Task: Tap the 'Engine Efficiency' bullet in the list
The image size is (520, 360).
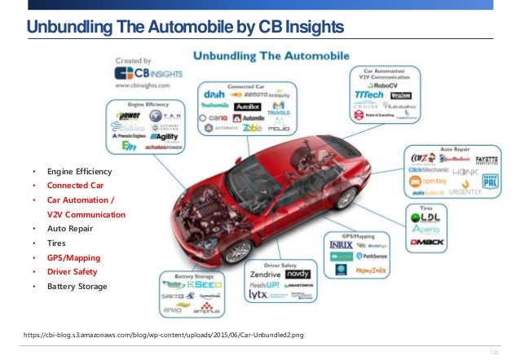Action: coord(79,173)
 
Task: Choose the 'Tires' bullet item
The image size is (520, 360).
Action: coord(58,244)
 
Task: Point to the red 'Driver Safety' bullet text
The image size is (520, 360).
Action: coord(73,271)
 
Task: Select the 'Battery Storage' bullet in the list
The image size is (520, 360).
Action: coord(77,286)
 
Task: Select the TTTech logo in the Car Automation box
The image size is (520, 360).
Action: coord(371,95)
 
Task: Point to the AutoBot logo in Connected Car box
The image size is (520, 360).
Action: coord(247,106)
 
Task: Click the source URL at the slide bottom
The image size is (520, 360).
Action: coord(164,335)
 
